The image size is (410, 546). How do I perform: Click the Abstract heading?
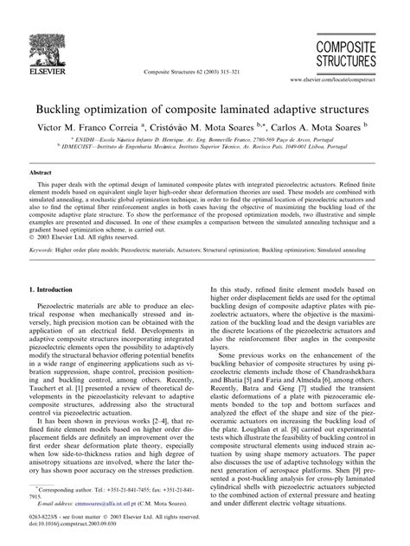point(43,174)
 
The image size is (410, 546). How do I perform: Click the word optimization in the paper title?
point(126,111)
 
